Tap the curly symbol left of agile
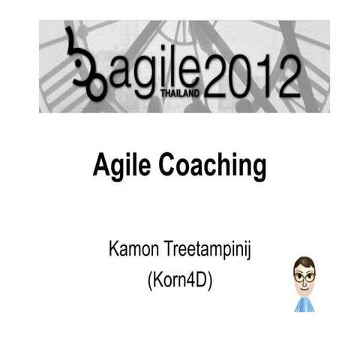coord(83,64)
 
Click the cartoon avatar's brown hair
coord(303,260)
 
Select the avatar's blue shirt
coord(303,301)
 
